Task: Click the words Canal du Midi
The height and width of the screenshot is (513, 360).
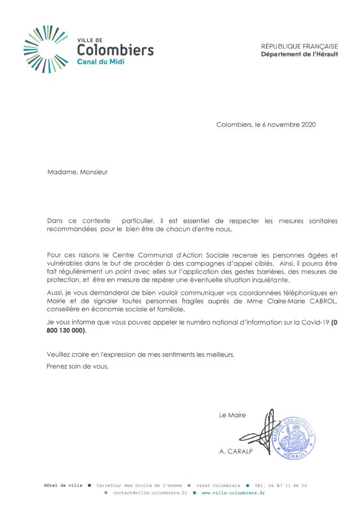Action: [x=101, y=61]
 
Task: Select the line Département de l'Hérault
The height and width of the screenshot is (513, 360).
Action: [x=299, y=54]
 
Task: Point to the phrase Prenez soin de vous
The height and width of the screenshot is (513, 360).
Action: [x=77, y=366]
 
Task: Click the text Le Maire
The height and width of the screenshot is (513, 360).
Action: [x=232, y=415]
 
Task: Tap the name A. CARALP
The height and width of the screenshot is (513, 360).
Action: [x=237, y=452]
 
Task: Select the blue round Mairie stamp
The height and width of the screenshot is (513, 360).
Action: [x=293, y=437]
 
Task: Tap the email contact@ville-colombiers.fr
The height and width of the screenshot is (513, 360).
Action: [x=150, y=493]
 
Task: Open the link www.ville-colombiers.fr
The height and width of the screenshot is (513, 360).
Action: [x=233, y=493]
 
